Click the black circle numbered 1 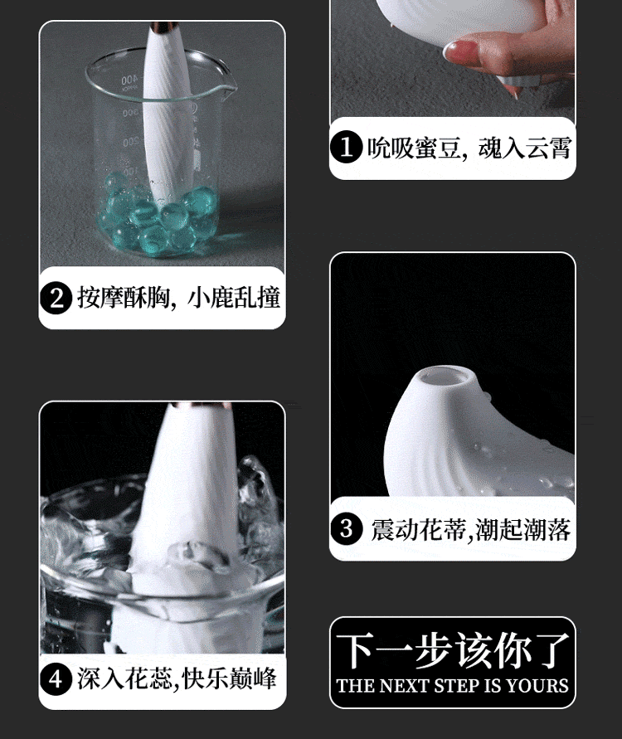click(346, 147)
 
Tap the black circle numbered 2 click(56, 298)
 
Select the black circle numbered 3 click(346, 528)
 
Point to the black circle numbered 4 click(56, 679)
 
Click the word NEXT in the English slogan click(405, 685)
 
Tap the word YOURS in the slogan click(537, 685)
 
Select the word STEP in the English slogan click(454, 685)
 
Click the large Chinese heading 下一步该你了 click(452, 651)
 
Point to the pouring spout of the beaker click(227, 85)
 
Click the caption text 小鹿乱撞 click(234, 298)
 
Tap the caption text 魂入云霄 click(525, 148)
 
